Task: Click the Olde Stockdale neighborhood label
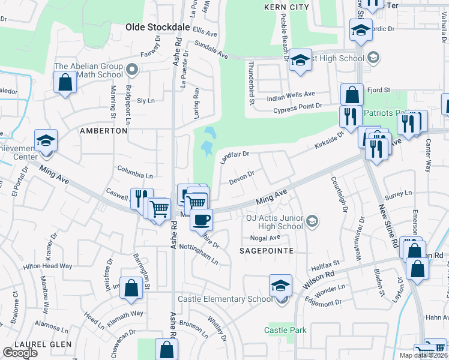(157, 26)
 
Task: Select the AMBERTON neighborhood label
(104, 130)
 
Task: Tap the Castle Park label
(286, 330)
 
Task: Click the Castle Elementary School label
(225, 299)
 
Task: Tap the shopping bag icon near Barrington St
(131, 288)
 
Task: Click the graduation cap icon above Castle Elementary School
(280, 285)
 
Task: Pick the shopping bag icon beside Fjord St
(352, 94)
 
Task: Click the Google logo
(20, 353)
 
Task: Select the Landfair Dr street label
(234, 158)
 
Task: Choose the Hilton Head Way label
(47, 266)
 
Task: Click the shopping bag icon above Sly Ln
(64, 83)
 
